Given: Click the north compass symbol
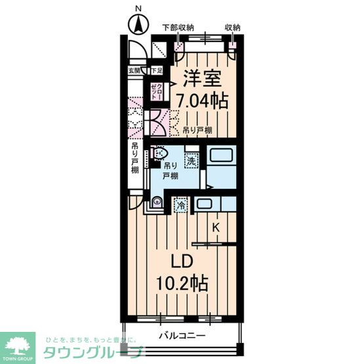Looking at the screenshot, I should coord(138,26).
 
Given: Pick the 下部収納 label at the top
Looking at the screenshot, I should coord(178,28).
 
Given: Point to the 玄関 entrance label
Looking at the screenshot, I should coord(134,70).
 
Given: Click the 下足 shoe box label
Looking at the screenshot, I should coord(156,70).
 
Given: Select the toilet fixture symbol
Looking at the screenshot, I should coord(157,153).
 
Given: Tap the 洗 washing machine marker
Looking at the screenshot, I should coord(190,159).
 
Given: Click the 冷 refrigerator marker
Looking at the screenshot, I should coord(180,205).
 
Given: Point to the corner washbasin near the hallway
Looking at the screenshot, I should coord(156,203).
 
